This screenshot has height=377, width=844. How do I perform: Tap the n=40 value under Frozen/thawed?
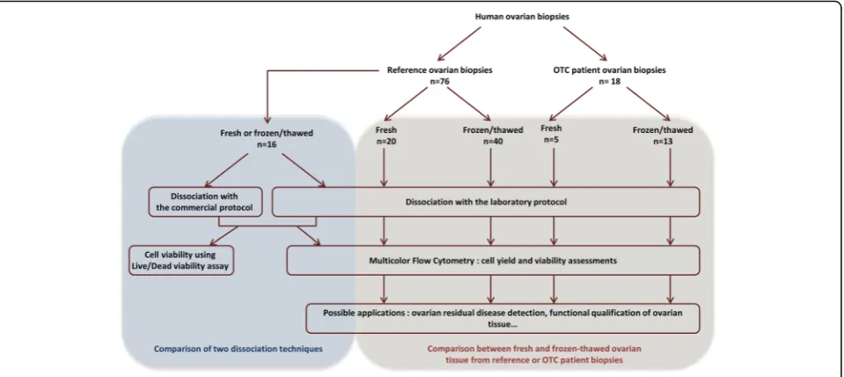tap(490, 141)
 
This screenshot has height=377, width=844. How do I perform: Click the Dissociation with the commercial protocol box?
tap(205, 202)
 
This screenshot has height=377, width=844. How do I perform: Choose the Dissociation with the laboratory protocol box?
tap(486, 202)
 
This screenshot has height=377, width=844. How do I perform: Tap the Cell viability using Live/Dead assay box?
tap(182, 260)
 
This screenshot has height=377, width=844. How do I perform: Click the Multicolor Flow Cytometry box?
tap(493, 260)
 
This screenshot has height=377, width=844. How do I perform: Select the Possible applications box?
tap(503, 318)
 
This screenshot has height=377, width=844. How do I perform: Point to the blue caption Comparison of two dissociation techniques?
tap(238, 349)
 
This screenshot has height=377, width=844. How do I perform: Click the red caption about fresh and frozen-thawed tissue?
tap(536, 353)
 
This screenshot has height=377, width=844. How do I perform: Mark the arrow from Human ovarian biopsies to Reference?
tap(459, 42)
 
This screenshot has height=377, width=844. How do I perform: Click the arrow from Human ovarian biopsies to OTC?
tap(585, 42)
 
